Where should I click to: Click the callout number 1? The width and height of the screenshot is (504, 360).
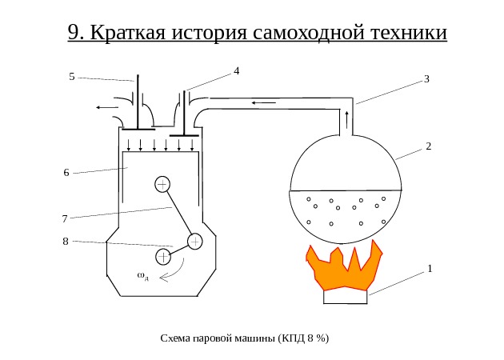coord(430,269)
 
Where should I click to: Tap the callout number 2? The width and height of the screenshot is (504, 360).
coord(429,146)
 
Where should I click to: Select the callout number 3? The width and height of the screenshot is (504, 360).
coord(427,79)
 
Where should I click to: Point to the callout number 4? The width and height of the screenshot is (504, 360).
coord(237,71)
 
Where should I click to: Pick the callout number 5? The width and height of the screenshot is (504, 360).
coord(71,77)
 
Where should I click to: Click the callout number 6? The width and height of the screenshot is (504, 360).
coord(66,173)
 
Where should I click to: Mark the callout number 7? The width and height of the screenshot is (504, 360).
coord(65,218)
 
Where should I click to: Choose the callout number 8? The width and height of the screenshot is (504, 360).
coord(65,241)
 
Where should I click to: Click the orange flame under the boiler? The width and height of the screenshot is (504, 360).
coord(344,269)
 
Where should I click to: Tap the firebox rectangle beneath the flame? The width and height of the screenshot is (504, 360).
coord(346,297)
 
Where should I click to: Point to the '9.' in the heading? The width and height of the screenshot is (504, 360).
coord(77,34)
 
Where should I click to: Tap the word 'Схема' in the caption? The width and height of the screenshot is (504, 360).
coord(175,338)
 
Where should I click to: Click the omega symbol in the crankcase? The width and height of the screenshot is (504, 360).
coord(142,276)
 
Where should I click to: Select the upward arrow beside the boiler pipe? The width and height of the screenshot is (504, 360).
coord(346,120)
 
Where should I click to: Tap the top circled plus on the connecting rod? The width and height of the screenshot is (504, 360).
coord(162,184)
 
